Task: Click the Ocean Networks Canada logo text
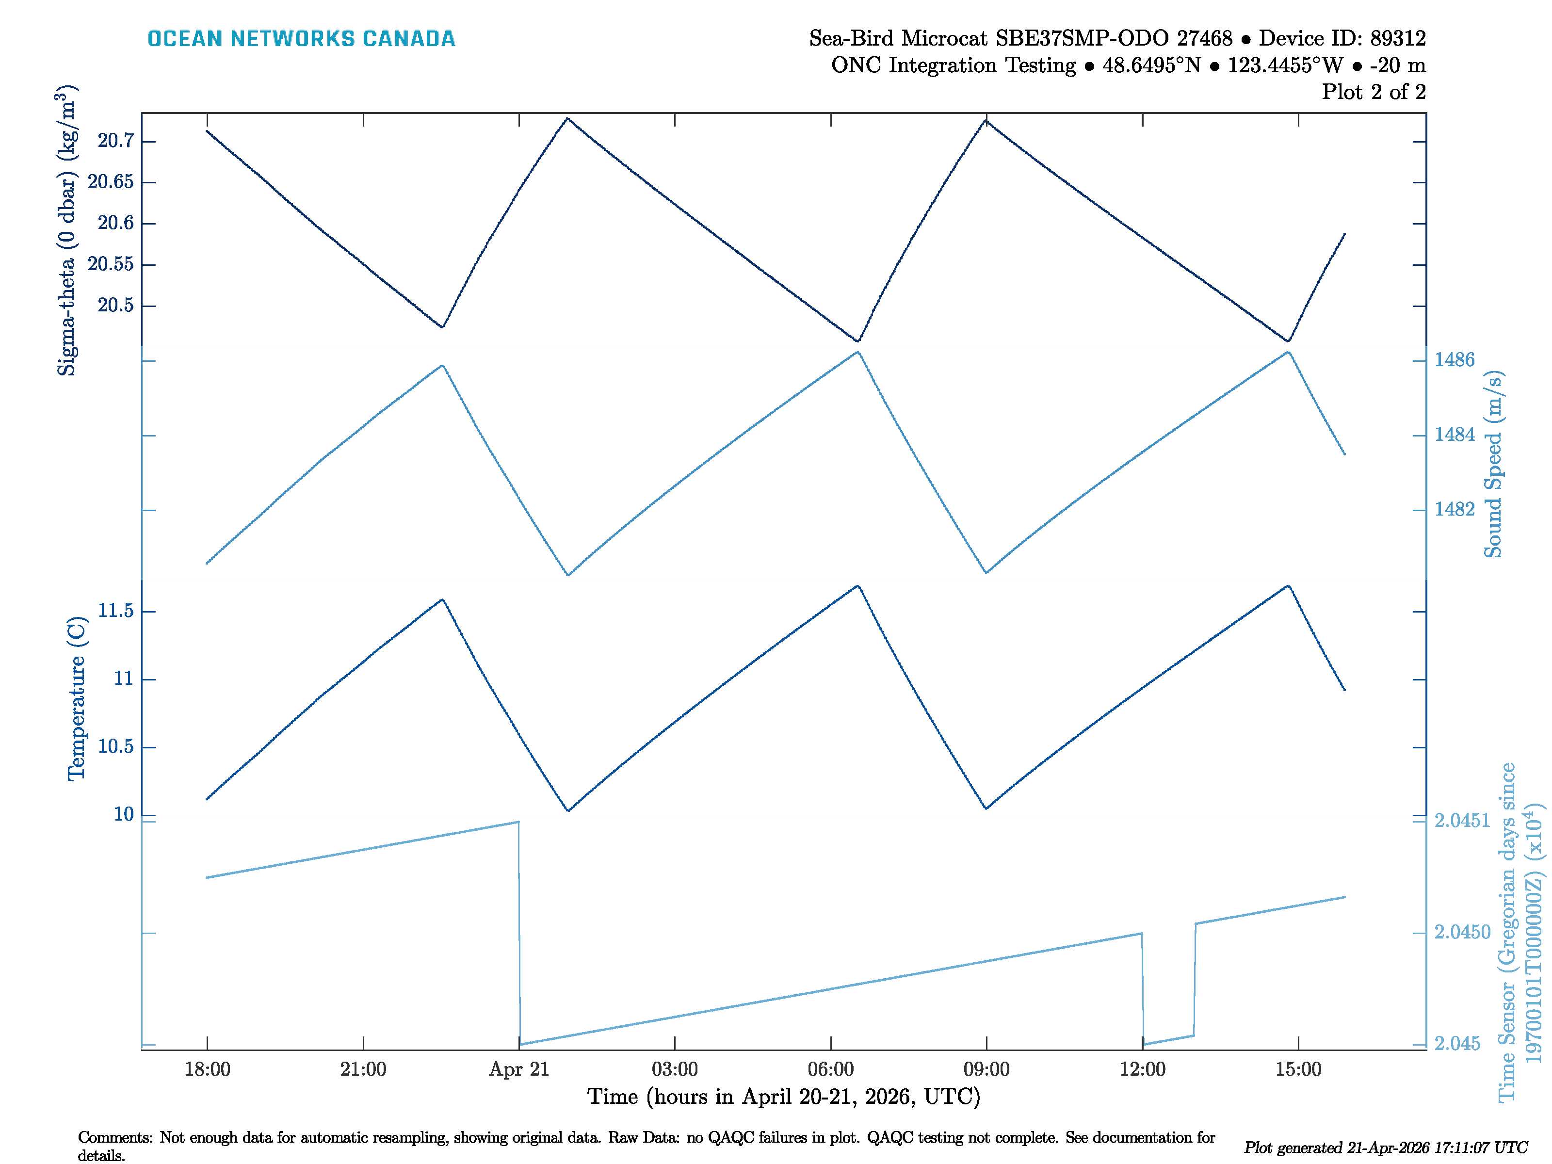coord(301,39)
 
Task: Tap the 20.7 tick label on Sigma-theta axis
coord(116,141)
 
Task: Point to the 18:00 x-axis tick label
coord(207,1069)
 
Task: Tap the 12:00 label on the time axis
coord(1142,1069)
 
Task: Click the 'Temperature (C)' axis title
coord(76,699)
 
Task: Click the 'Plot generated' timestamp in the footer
coord(1386,1148)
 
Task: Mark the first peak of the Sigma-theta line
coord(567,118)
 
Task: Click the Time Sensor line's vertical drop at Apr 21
coord(519,933)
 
